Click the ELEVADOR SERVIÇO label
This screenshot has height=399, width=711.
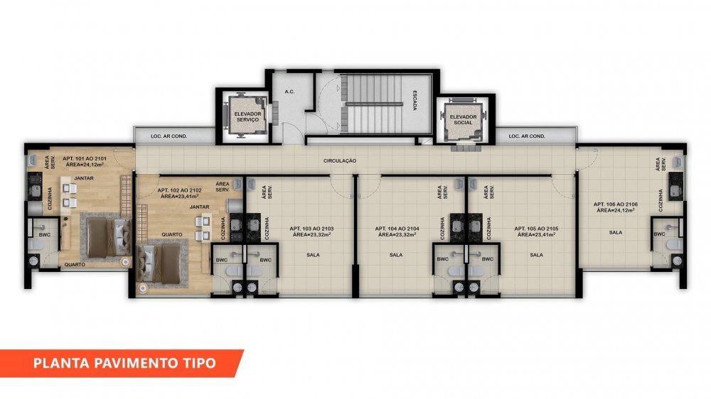pyautogui.click(x=247, y=117)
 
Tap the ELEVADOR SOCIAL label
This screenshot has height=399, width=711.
pyautogui.click(x=463, y=119)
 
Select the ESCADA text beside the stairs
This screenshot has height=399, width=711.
pyautogui.click(x=415, y=101)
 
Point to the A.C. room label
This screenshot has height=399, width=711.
pyautogui.click(x=290, y=92)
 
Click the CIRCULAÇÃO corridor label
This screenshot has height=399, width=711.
pyautogui.click(x=340, y=160)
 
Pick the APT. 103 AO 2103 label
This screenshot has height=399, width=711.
pyautogui.click(x=311, y=229)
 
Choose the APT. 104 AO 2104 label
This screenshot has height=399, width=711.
pyautogui.click(x=397, y=229)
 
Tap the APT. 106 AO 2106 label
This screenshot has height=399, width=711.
pyautogui.click(x=615, y=204)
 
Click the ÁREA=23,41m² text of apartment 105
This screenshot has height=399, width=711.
pyautogui.click(x=536, y=234)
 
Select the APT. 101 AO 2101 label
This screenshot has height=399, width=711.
pyautogui.click(x=85, y=158)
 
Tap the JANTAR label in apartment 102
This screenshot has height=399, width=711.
pyautogui.click(x=200, y=207)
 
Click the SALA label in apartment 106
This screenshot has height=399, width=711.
pyautogui.click(x=615, y=233)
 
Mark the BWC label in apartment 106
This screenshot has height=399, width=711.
pyautogui.click(x=659, y=234)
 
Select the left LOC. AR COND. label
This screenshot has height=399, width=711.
pyautogui.click(x=169, y=136)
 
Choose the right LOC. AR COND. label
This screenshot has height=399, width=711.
pyautogui.click(x=526, y=136)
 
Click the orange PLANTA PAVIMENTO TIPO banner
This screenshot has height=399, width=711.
pyautogui.click(x=122, y=364)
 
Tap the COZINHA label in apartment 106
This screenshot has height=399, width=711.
pyautogui.click(x=661, y=200)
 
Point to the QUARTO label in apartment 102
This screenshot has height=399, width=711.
pyautogui.click(x=172, y=234)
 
